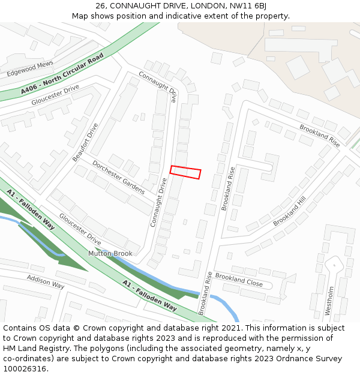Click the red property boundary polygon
coord(185,172)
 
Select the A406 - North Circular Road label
coord(62,74)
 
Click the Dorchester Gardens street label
coord(118,177)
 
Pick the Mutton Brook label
coord(110,254)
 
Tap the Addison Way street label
coord(45,281)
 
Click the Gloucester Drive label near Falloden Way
coord(80,229)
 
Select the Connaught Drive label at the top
coord(158,86)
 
